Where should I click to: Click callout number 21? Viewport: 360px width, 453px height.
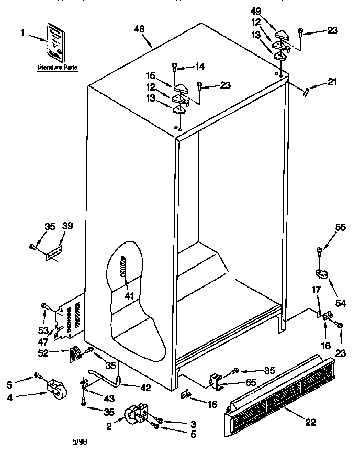(333, 82)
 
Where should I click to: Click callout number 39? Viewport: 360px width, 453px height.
(67, 226)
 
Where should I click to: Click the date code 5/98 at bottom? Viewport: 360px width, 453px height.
(79, 441)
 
